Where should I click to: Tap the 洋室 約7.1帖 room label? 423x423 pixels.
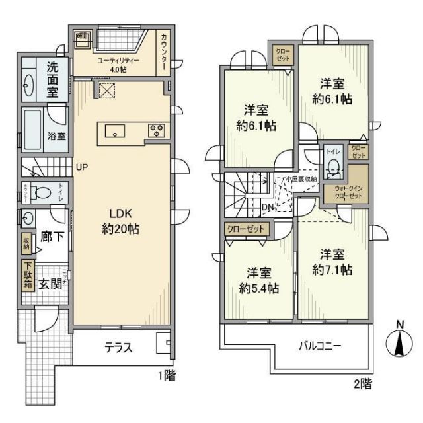(332, 262)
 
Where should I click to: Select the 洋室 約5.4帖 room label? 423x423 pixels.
(258, 280)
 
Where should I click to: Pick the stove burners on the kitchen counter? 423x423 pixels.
(157, 129)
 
